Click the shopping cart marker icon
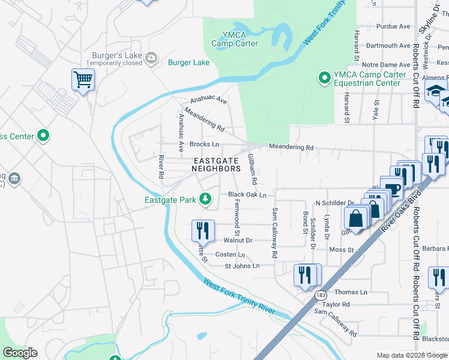click(x=83, y=79)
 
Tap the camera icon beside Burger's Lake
click(x=151, y=58)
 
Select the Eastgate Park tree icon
click(x=205, y=199)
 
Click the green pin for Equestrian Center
click(x=324, y=77)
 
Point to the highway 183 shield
click(x=322, y=295)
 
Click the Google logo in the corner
click(x=20, y=352)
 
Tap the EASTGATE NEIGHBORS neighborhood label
click(x=216, y=164)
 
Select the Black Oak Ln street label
click(x=247, y=195)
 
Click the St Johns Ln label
click(x=242, y=266)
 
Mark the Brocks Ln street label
click(x=204, y=145)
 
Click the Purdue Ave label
click(x=393, y=26)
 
